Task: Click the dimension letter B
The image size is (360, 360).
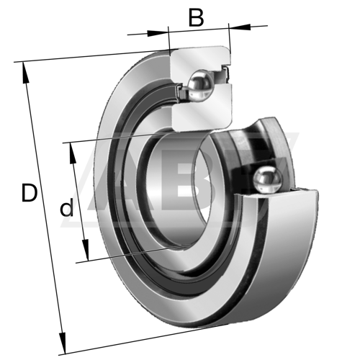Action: tap(197, 17)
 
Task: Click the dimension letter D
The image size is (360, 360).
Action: tap(30, 192)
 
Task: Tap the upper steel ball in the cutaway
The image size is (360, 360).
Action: tap(201, 84)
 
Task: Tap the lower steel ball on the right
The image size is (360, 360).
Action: tap(268, 179)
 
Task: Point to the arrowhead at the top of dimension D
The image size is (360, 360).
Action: tap(25, 73)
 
